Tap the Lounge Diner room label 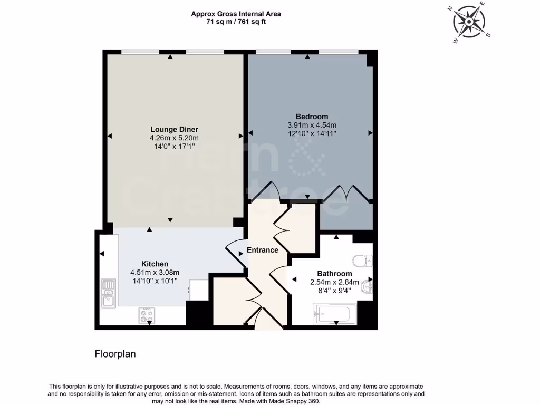click(174, 129)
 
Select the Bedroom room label click(312, 117)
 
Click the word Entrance click(263, 250)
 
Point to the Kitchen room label click(155, 264)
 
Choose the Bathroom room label click(334, 274)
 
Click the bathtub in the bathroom click(335, 314)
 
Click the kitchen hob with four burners click(147, 315)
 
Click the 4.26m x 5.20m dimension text click(174, 138)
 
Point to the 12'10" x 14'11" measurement click(312, 133)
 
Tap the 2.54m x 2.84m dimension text click(334, 282)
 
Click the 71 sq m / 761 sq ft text click(236, 22)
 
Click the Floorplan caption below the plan click(115, 354)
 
